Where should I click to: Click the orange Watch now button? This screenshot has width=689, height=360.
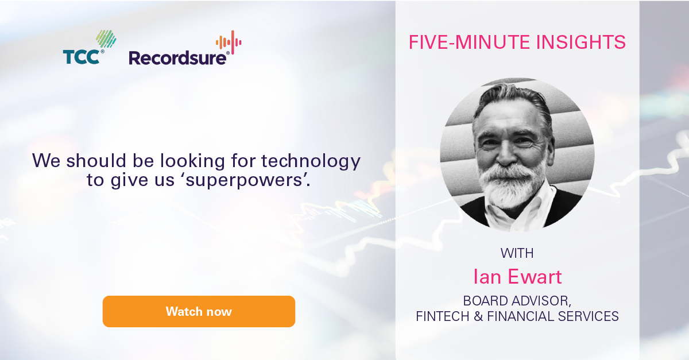199,311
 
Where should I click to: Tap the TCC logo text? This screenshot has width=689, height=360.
81,57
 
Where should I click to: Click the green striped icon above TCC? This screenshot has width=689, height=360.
106,40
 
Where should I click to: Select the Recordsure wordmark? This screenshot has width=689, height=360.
177,58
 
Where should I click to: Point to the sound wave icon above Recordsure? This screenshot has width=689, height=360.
229,42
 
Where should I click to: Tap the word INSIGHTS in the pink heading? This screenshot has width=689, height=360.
580,42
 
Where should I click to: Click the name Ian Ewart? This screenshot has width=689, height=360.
517,276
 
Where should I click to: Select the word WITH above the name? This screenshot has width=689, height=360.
517,253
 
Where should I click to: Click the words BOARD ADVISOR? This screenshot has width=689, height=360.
517,301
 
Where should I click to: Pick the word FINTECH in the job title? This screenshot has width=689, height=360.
443,316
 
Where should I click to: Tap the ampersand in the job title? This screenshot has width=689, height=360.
478,316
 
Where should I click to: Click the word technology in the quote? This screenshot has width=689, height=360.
311,161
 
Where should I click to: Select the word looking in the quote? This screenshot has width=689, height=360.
192,161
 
